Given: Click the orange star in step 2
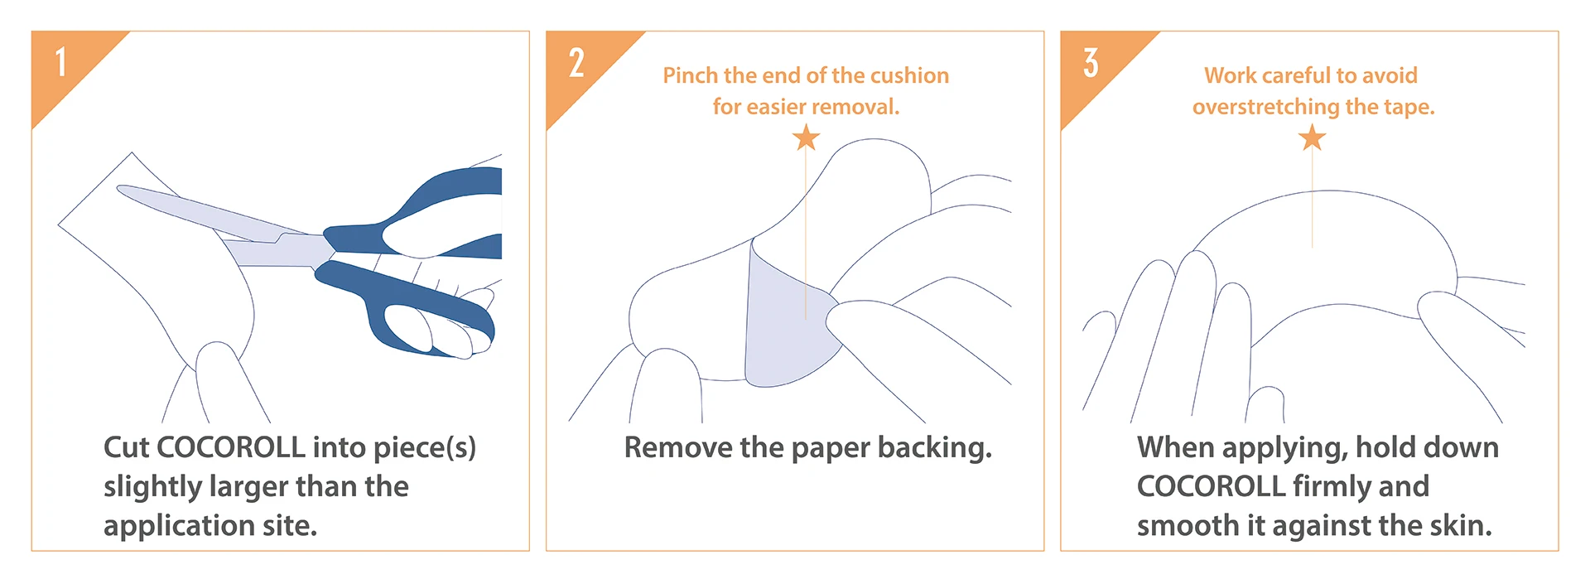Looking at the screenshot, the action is tap(806, 138).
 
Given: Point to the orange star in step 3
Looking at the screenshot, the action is tap(1312, 138).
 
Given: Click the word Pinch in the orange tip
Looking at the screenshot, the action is tap(691, 76).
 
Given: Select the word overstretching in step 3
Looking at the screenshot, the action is tap(1265, 107).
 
